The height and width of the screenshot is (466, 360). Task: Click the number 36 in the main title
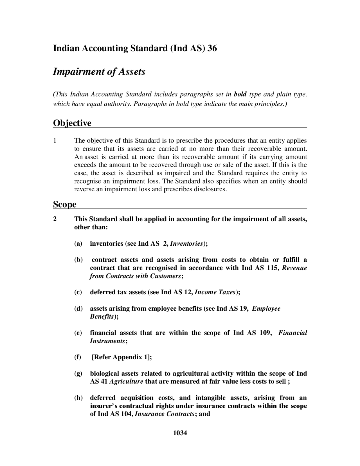[212, 48]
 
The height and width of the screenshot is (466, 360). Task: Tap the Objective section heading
[72, 123]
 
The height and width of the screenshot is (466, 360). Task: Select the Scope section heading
[65, 204]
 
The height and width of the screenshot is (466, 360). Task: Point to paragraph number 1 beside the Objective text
[55, 140]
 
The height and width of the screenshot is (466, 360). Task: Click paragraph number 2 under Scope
[55, 219]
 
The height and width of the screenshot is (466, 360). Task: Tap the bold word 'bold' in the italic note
[240, 94]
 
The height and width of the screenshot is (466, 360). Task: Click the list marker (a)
[78, 243]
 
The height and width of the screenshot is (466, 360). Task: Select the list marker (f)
[77, 357]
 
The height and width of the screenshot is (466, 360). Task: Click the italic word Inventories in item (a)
[186, 243]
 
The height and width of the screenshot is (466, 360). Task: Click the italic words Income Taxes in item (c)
[215, 292]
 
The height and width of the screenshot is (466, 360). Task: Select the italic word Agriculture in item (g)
[126, 382]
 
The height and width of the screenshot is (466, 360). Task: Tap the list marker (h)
[78, 398]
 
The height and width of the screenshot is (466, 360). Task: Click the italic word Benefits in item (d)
[102, 317]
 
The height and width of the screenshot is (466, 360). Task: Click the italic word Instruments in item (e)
[107, 341]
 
